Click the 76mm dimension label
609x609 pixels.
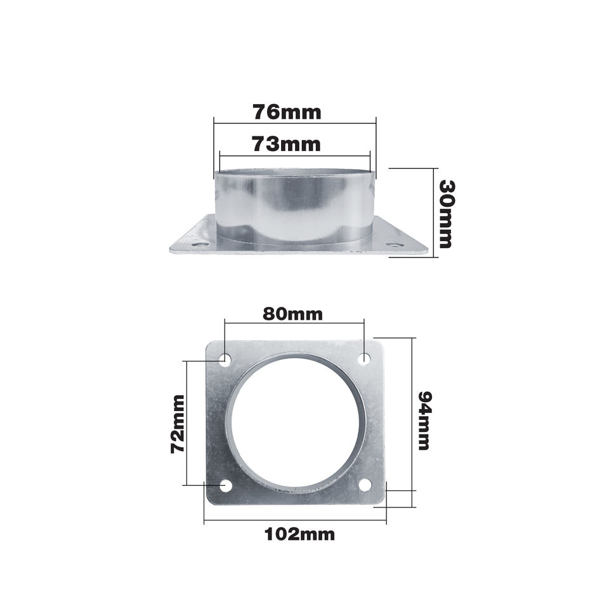(287, 112)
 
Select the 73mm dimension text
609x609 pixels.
(287, 144)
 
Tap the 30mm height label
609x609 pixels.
(446, 214)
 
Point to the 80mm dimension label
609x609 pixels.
(293, 314)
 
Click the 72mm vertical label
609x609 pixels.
(178, 424)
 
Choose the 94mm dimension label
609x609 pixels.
(424, 421)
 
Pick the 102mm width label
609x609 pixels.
(299, 534)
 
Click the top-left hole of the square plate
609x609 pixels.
(225, 358)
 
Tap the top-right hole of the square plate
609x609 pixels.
(364, 358)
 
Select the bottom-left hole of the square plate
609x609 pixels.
(226, 485)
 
